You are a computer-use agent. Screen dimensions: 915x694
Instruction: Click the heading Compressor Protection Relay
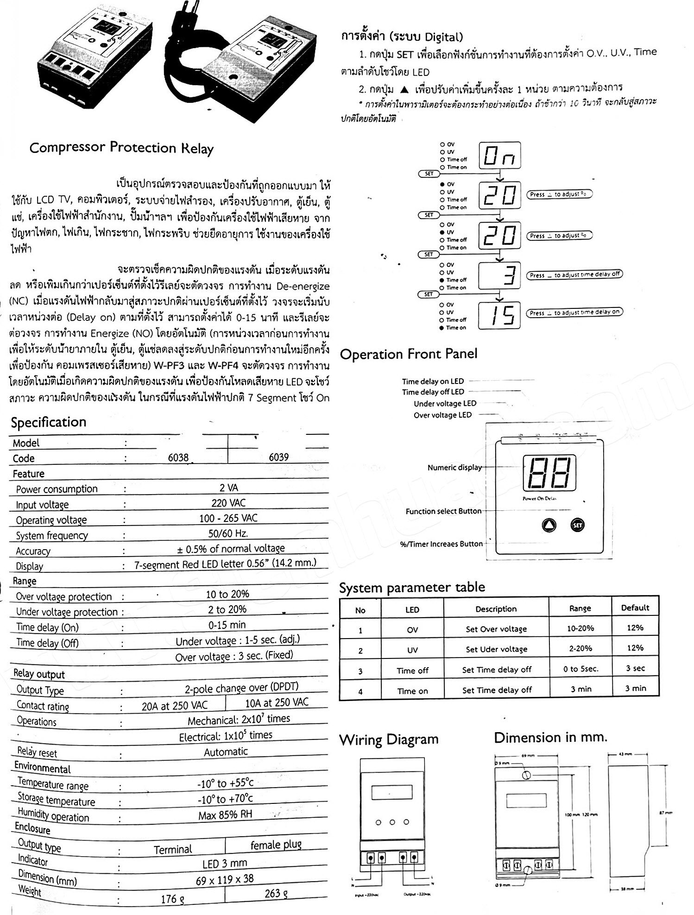(121, 148)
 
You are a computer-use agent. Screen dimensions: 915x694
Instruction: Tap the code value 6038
(178, 457)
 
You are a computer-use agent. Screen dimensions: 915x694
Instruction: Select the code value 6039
(279, 457)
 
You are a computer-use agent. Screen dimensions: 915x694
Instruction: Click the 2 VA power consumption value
(229, 488)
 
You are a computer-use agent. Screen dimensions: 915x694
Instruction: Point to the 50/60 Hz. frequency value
(228, 533)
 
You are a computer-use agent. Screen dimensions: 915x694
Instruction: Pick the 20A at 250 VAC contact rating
(175, 705)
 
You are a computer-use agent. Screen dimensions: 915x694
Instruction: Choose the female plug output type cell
(276, 845)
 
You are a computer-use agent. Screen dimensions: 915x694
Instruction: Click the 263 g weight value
(276, 894)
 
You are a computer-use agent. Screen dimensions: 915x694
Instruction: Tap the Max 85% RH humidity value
(225, 815)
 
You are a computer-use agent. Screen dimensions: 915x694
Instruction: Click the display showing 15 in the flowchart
(499, 315)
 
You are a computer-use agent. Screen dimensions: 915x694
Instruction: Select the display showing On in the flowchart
(499, 156)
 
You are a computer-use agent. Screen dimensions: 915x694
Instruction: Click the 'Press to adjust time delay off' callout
(574, 275)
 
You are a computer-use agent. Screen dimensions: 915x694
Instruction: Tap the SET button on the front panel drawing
(577, 525)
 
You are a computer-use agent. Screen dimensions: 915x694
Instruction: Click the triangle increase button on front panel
(549, 525)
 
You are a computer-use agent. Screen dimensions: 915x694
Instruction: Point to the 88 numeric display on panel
(549, 473)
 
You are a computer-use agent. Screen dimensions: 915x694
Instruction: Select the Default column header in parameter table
(635, 608)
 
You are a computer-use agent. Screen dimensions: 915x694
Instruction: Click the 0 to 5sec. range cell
(580, 669)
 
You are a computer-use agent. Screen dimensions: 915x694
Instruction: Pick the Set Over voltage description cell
(496, 629)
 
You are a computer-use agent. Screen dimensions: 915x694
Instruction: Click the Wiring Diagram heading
(389, 740)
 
